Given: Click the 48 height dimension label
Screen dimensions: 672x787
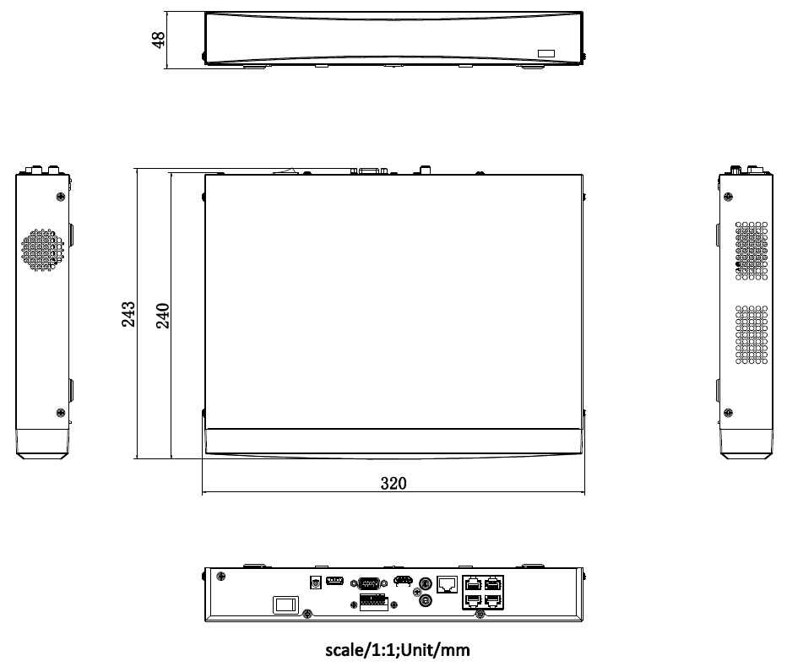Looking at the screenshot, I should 158,40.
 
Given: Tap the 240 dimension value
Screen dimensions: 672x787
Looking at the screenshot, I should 164,314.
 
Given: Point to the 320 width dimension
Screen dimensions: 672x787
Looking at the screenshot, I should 393,484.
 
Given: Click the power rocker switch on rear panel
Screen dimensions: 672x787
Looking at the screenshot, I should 284,604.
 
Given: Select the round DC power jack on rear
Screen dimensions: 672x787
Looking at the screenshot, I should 315,582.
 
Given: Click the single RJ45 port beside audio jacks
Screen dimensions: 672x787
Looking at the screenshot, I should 448,583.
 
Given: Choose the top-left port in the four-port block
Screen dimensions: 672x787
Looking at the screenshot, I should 473,583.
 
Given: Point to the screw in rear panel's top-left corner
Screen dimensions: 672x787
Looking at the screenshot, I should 221,577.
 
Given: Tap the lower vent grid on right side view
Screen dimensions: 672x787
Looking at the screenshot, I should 752,334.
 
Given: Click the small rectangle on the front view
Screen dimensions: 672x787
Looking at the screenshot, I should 547,53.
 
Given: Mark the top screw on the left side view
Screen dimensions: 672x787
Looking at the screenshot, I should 60,197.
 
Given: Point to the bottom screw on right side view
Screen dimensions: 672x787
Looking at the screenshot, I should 728,413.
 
